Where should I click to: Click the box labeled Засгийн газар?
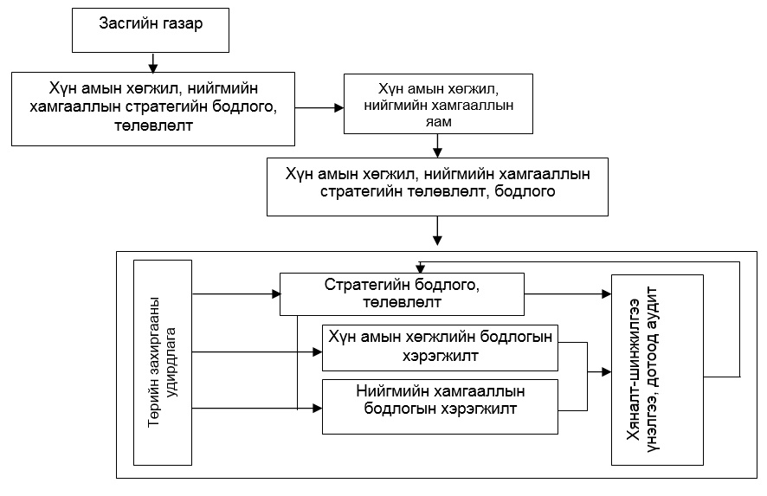(x=150, y=29)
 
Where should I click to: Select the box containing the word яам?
(x=438, y=104)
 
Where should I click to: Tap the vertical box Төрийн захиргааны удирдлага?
(x=163, y=363)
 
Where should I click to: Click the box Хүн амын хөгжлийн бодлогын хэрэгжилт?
(x=440, y=348)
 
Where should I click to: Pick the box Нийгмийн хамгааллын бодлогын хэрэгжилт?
(x=440, y=407)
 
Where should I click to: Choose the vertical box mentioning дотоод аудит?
(x=657, y=370)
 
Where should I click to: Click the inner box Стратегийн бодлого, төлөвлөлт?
(x=402, y=294)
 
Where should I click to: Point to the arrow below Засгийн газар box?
(x=153, y=62)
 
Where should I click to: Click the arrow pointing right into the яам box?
(x=319, y=107)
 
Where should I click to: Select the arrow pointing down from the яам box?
(x=438, y=145)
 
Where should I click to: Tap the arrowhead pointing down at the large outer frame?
(x=438, y=240)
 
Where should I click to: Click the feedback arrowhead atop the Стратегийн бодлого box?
(x=420, y=268)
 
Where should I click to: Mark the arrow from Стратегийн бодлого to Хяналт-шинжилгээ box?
(x=568, y=294)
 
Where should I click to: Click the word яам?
(x=438, y=122)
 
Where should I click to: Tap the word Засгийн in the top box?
(x=122, y=23)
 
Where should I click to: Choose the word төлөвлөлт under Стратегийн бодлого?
(x=402, y=302)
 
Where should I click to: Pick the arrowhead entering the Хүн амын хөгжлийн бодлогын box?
(x=317, y=351)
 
